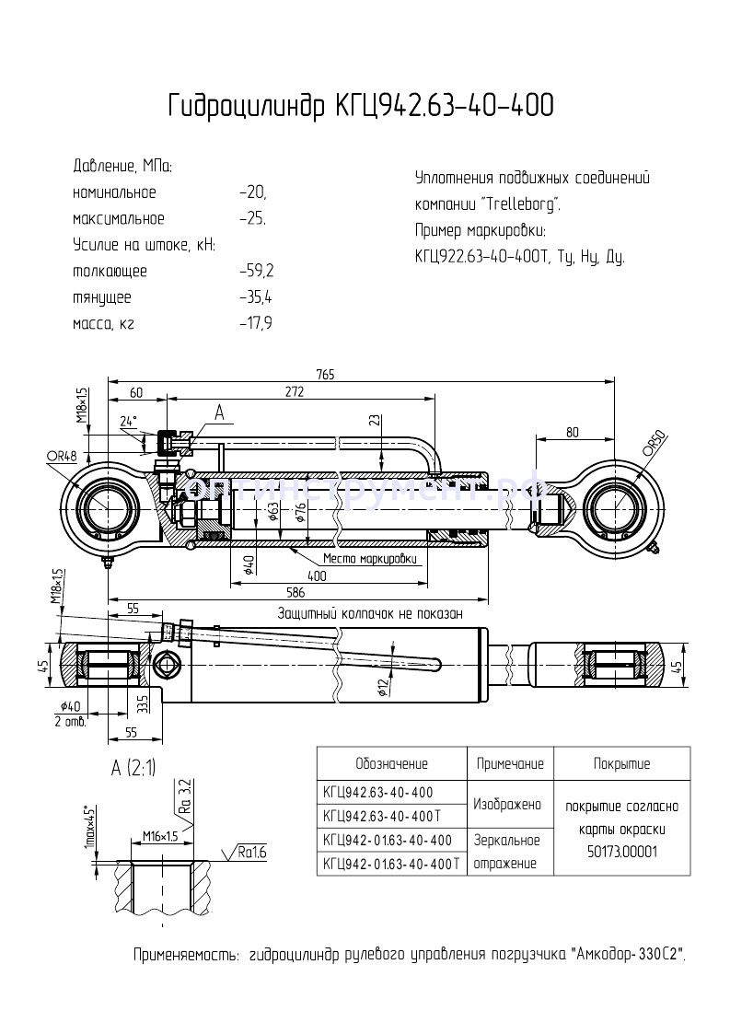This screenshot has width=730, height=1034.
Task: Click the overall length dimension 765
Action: [x=325, y=374]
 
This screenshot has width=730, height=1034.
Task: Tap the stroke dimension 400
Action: [x=318, y=575]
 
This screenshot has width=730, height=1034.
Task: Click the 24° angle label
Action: [x=128, y=421]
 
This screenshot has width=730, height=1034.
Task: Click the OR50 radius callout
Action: [x=654, y=443]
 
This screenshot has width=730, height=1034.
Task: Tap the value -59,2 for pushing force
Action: [x=256, y=272]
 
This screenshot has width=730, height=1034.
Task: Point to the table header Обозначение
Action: [x=391, y=763]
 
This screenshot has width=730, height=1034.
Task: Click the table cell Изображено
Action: [x=506, y=804]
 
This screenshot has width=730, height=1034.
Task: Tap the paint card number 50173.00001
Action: [x=621, y=852]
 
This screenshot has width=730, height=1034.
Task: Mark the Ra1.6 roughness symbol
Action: [x=249, y=852]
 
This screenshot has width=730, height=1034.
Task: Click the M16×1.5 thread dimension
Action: [x=160, y=836]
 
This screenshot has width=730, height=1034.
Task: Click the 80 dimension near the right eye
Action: [x=573, y=432]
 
